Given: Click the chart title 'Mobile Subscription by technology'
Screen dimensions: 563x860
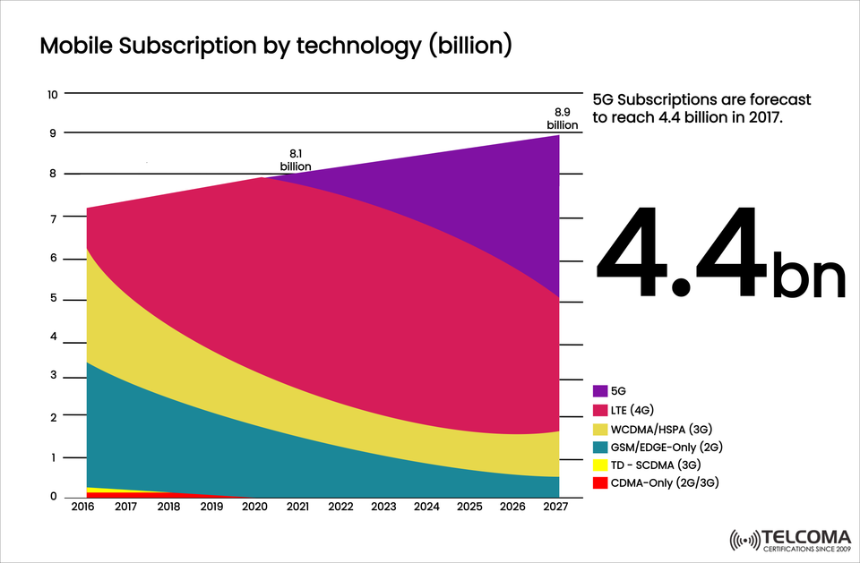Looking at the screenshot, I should click(276, 47).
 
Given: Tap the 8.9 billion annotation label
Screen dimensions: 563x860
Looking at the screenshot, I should click(563, 119).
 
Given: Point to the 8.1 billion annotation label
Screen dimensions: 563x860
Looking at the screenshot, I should click(295, 160).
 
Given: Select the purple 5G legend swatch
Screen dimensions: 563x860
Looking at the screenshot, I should click(601, 391).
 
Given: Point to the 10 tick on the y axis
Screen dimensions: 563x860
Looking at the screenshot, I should click(52, 94).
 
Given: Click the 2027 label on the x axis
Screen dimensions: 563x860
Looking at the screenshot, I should click(555, 508).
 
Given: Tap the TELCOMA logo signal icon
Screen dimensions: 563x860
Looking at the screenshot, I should click(744, 540).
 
